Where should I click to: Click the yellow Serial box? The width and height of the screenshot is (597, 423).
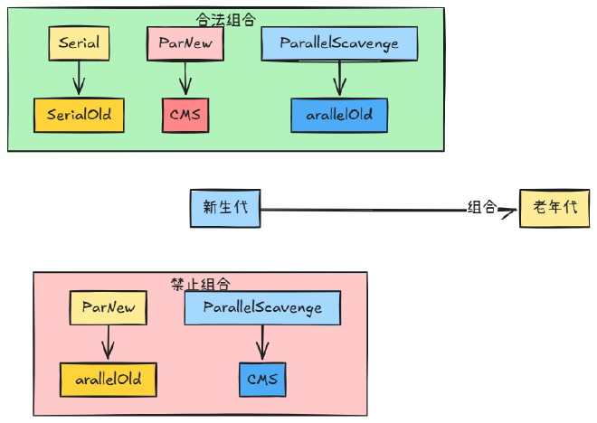80,43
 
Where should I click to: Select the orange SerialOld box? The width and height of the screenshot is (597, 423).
79,115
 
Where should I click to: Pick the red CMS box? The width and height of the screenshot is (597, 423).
185,115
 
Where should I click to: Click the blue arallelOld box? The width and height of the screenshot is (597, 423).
339,115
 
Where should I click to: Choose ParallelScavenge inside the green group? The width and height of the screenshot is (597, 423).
339,43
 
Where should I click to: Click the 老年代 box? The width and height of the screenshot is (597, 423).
554,208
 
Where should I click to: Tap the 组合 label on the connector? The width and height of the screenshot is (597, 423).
481,208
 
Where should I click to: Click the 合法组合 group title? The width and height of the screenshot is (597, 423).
225,18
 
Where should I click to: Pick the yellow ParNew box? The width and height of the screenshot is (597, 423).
108,308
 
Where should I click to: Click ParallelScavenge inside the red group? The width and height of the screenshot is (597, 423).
262,308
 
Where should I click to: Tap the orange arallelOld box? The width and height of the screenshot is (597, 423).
108,378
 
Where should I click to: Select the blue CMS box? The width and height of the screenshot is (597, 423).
262,378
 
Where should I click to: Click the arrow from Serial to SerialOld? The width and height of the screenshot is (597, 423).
79,78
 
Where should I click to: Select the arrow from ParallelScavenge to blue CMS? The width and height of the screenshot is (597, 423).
262,343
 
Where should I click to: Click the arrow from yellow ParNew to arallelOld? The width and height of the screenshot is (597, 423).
108,343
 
